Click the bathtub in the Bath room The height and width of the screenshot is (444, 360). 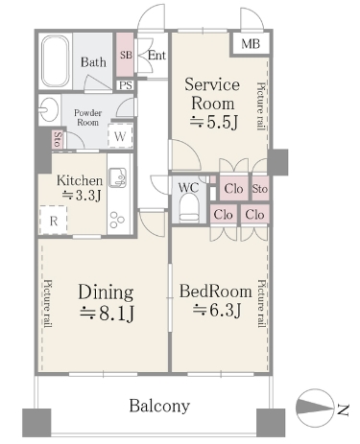tap(56, 61)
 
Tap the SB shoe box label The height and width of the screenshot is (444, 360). tap(126, 55)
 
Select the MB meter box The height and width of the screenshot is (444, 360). tap(251, 44)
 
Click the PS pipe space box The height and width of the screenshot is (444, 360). tap(126, 85)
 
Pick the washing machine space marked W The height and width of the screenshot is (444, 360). tap(120, 136)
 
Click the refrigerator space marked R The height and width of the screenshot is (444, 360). tap(54, 221)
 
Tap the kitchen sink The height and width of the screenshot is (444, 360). tap(117, 177)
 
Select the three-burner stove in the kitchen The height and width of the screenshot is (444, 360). tap(117, 220)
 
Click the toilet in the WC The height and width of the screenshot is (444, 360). tap(189, 209)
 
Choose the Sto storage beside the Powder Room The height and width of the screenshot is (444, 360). tap(58, 139)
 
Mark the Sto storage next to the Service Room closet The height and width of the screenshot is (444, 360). tap(260, 189)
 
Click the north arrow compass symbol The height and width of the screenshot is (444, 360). tap(314, 408)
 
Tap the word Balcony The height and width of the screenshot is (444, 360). tap(159, 406)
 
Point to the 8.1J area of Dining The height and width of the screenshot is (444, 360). tap(107, 314)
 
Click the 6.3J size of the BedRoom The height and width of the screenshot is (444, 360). tap(216, 310)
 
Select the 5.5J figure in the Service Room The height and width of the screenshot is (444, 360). tap(214, 122)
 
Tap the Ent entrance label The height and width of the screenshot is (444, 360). tap(156, 56)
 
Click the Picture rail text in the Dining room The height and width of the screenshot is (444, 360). tap(48, 304)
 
